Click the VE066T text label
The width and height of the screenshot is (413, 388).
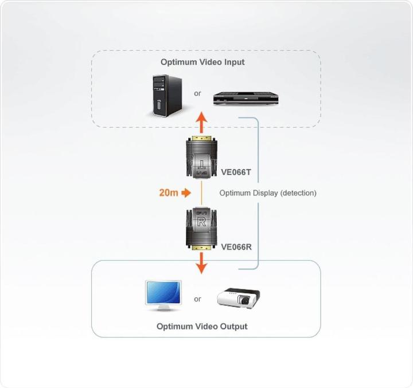pos(236,170)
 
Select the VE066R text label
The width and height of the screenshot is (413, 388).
pos(236,248)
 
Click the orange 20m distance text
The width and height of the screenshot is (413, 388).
pos(168,193)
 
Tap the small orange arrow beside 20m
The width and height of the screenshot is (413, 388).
pos(186,193)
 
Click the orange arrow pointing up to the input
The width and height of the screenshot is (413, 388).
pos(201,123)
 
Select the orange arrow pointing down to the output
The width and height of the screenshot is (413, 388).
pos(201,264)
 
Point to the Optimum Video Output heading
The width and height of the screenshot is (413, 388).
pos(202,326)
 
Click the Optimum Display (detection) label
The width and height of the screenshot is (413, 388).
pos(267,193)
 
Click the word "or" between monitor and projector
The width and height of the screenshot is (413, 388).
pos(198,299)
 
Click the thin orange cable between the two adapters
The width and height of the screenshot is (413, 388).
pos(201,194)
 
